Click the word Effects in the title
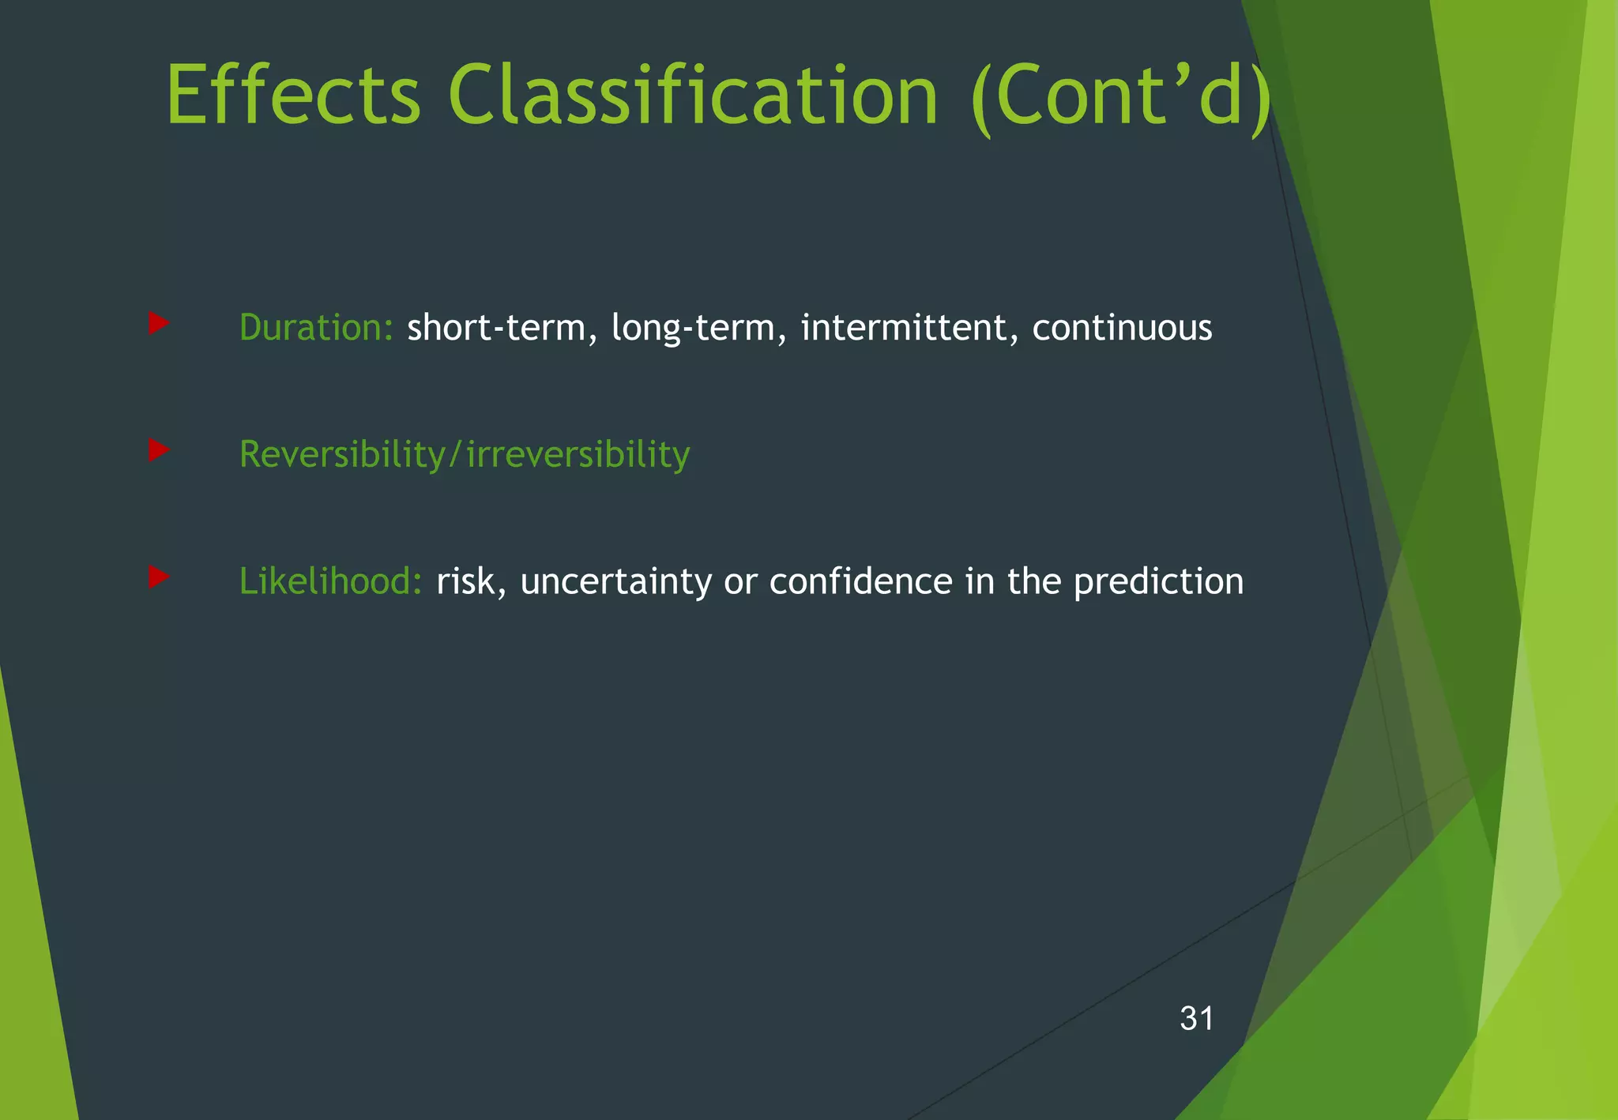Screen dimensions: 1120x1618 click(x=293, y=96)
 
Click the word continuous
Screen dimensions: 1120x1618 click(x=1122, y=328)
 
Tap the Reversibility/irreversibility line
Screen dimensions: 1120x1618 click(x=465, y=455)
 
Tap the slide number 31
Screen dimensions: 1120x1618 click(x=1196, y=1019)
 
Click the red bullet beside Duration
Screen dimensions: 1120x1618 click(x=158, y=323)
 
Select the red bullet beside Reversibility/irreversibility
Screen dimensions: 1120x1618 click(x=158, y=450)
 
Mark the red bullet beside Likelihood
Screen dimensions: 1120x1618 click(x=158, y=577)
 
